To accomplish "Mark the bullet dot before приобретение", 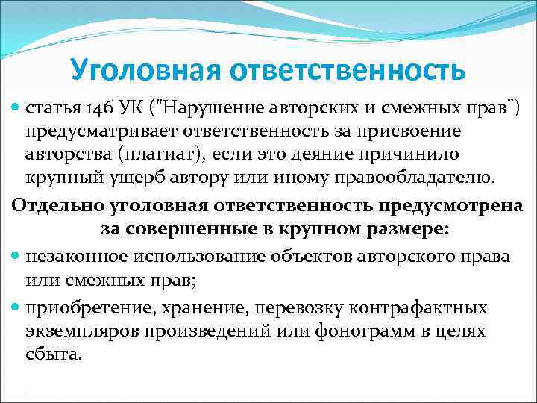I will (16, 308).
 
